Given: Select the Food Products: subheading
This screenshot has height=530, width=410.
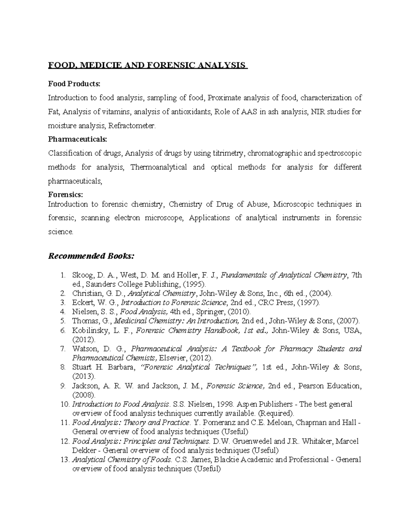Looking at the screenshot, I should point(74,84).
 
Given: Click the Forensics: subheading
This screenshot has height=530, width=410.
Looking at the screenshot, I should point(65,195).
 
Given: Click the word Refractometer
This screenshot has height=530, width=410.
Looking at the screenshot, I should point(132,126).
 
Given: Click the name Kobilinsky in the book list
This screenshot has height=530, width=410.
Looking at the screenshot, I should point(88,330).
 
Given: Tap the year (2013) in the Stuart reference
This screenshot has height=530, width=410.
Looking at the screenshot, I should point(84,376).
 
